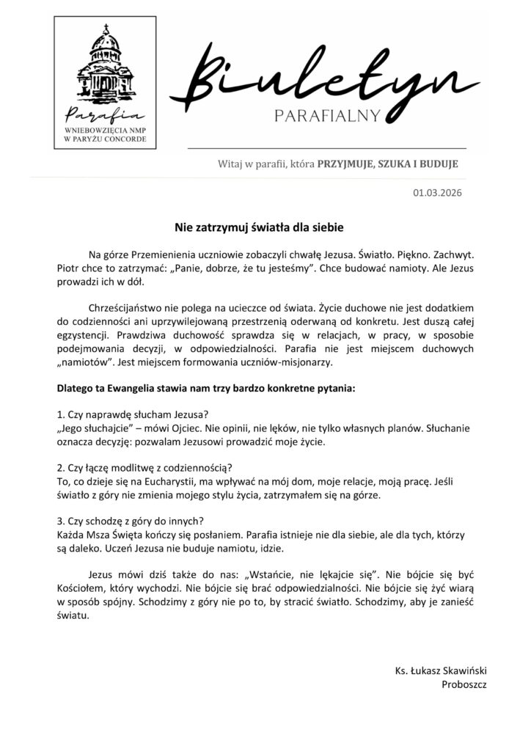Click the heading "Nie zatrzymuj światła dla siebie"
pos(264,227)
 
